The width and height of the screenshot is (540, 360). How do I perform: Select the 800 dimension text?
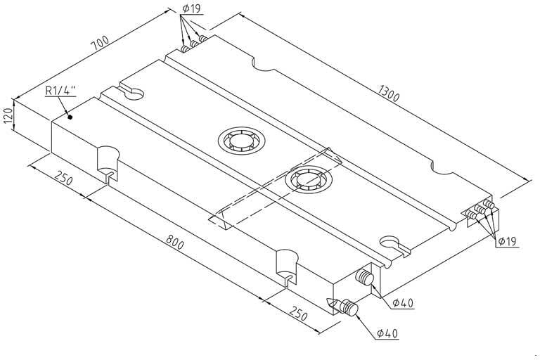[175, 245]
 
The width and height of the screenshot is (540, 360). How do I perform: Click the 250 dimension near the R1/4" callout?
[64, 180]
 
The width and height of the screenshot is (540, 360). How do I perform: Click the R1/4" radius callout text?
[61, 91]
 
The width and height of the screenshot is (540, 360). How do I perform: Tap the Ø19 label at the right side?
[508, 241]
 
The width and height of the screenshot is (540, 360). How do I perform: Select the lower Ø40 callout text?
[387, 333]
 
